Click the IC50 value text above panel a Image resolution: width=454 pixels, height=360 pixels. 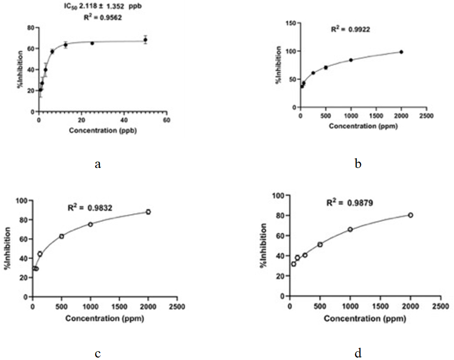pyautogui.click(x=103, y=6)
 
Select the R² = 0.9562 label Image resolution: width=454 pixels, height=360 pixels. pyautogui.click(x=103, y=17)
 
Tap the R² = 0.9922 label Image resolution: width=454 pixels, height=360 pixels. pyautogui.click(x=351, y=29)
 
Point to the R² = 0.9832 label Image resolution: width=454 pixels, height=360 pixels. pyautogui.click(x=90, y=208)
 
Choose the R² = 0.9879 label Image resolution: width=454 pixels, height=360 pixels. pyautogui.click(x=350, y=203)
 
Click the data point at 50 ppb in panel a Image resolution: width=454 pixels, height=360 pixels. pyautogui.click(x=145, y=40)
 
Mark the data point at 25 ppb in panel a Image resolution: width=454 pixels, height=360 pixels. pyautogui.click(x=92, y=43)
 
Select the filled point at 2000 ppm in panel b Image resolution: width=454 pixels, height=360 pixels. pyautogui.click(x=401, y=52)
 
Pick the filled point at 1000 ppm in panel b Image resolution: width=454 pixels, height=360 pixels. pyautogui.click(x=351, y=60)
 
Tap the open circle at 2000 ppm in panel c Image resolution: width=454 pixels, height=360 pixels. pyautogui.click(x=148, y=212)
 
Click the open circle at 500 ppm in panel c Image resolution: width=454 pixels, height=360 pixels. pyautogui.click(x=61, y=236)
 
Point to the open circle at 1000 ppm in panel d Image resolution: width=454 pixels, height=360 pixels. pyautogui.click(x=350, y=229)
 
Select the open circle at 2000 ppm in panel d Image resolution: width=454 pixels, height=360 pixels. pyautogui.click(x=410, y=215)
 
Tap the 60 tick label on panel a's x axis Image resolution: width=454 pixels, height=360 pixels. pyautogui.click(x=167, y=120)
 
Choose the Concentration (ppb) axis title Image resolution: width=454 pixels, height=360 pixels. pyautogui.click(x=103, y=131)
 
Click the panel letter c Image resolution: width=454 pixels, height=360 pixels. pyautogui.click(x=98, y=354)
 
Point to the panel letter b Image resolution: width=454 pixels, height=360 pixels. pyautogui.click(x=358, y=164)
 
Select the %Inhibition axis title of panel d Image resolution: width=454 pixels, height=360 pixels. pyautogui.click(x=263, y=246)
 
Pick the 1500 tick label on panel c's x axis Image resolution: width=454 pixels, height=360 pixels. pyautogui.click(x=119, y=307)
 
